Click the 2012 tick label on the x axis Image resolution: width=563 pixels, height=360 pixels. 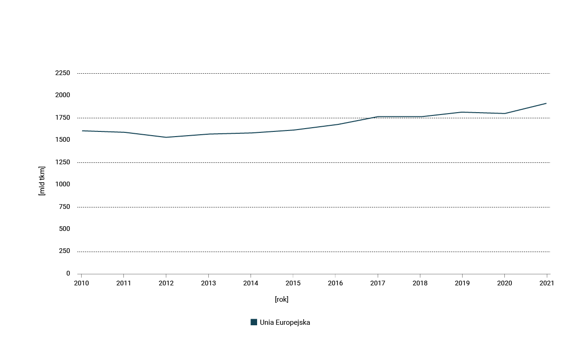coord(166,283)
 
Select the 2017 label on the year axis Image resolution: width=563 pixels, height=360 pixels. coord(378,283)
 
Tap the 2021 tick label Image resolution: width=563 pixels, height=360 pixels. coord(547,283)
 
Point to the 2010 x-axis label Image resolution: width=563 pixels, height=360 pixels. coord(81,283)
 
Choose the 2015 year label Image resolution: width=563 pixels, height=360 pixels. coord(293,283)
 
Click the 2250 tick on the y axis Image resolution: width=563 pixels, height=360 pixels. coord(62,73)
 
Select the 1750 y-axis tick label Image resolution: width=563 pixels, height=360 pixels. coord(62,118)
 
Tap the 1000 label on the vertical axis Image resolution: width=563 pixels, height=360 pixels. coord(62,184)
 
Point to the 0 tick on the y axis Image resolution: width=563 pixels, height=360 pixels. coord(68,274)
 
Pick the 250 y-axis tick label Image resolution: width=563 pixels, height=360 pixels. coord(64,251)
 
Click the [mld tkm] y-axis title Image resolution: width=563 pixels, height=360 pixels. coord(42,181)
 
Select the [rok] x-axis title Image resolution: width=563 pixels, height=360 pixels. coord(281,299)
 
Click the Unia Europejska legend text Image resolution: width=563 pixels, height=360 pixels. coord(285,322)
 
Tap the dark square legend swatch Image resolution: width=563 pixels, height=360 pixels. coord(254,322)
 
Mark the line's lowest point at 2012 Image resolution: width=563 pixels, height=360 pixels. coord(166,137)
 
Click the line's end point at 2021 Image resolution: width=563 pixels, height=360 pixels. coord(546,103)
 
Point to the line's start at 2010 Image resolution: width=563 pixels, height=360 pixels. coord(82,130)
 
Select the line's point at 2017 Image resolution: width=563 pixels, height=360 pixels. coord(378,117)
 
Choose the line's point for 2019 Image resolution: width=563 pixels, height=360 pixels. coord(462,112)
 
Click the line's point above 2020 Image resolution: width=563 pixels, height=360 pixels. coord(504,113)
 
